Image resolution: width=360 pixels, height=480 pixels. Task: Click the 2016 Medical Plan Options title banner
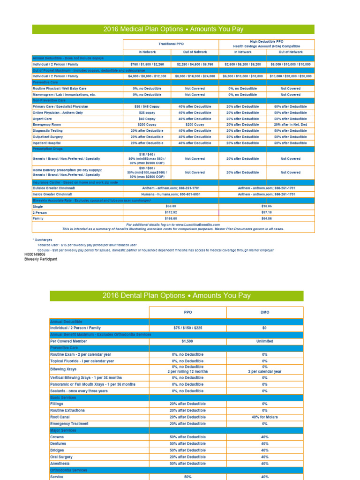coord(173,30)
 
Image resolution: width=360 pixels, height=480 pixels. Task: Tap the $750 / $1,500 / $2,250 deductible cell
coord(147,64)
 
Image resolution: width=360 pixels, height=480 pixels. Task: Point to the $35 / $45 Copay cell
coord(147,106)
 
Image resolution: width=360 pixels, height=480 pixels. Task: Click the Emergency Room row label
coord(47,125)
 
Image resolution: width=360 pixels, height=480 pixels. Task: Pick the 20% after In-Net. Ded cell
coord(290,125)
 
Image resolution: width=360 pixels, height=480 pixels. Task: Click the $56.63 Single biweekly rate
coord(171,206)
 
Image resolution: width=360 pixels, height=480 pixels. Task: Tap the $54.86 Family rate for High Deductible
coord(266,218)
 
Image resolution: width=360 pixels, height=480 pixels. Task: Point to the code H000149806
coord(35,255)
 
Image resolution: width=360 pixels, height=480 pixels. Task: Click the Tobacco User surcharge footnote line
coord(87,245)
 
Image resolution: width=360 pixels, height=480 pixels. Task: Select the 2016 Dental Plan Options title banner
coord(176,296)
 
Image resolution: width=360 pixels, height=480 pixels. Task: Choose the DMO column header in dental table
coord(264,312)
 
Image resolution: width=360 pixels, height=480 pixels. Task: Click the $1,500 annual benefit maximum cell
coord(187,341)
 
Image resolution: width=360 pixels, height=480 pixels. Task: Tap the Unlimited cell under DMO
coord(264,341)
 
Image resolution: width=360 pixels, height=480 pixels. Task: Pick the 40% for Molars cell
coord(264,417)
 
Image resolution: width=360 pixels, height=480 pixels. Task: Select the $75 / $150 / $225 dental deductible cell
coord(187,328)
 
